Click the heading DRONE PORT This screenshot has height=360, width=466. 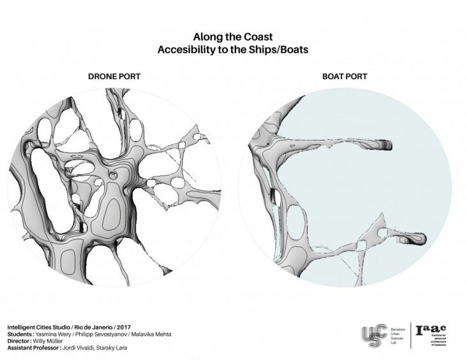tap(114, 77)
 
